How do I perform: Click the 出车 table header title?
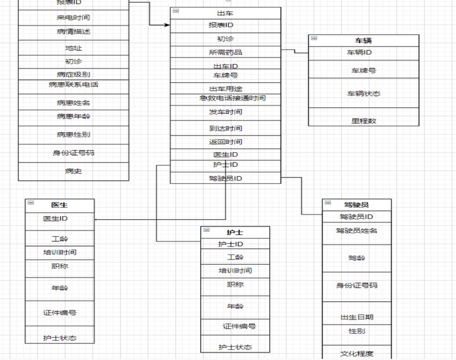(x=225, y=13)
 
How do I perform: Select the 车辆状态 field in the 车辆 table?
(x=364, y=93)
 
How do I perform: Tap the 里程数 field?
(x=364, y=121)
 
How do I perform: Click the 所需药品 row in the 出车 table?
(x=225, y=52)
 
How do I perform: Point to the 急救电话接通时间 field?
(x=228, y=98)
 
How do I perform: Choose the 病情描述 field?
(x=74, y=31)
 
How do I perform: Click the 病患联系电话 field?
(x=74, y=85)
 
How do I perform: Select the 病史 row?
(x=74, y=171)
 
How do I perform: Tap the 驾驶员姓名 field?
(x=357, y=230)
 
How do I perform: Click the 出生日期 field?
(x=357, y=317)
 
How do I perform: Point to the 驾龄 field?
(x=357, y=258)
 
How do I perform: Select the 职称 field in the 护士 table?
(x=235, y=285)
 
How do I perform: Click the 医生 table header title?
(x=59, y=205)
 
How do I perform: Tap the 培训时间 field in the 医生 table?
(x=59, y=252)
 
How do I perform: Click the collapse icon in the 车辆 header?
(x=313, y=39)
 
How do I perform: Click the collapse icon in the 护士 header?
(x=205, y=231)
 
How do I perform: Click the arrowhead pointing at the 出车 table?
(x=167, y=25)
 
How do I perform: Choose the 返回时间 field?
(x=225, y=142)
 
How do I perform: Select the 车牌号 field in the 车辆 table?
(x=364, y=71)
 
